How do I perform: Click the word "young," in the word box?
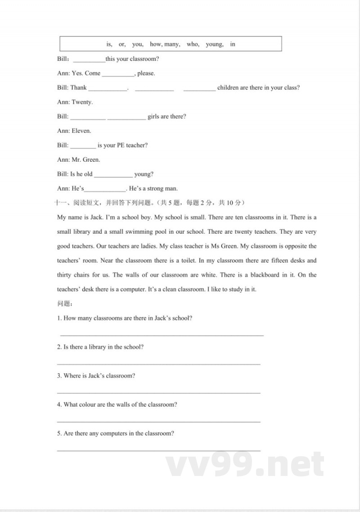(x=214, y=44)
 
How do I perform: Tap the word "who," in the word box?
(x=193, y=44)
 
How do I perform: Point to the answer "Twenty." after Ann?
(x=82, y=102)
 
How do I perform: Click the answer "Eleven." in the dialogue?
(x=81, y=131)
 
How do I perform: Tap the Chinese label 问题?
(x=62, y=304)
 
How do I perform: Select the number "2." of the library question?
(x=59, y=347)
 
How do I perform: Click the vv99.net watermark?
(x=245, y=465)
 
